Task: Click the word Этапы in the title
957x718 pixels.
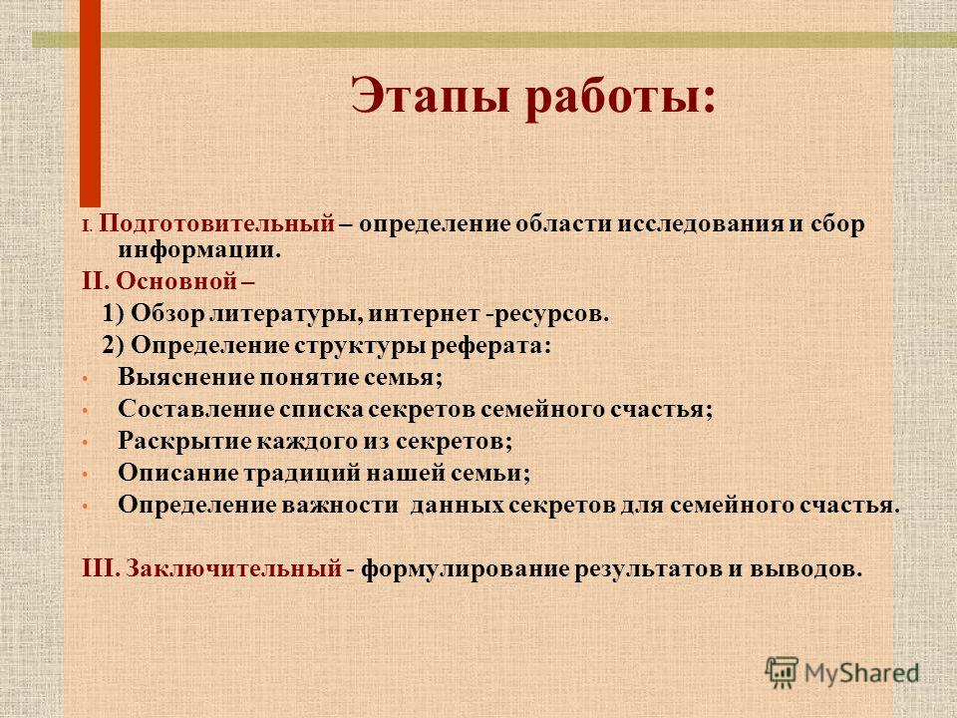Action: (x=432, y=97)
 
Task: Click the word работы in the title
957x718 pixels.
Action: (x=613, y=99)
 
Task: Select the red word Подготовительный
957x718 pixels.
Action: (x=216, y=224)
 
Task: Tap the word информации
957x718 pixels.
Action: (x=199, y=250)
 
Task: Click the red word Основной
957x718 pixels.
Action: (x=176, y=281)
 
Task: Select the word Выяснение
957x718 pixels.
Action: (x=186, y=377)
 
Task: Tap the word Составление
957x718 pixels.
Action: (x=194, y=409)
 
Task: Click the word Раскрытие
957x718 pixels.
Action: (x=183, y=440)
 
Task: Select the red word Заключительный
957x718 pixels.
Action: (x=233, y=568)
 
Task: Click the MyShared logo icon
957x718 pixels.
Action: (x=782, y=672)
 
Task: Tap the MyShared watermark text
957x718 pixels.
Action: (x=861, y=673)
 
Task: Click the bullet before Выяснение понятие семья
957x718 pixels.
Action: (x=86, y=379)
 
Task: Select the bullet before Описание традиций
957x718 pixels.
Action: (x=86, y=475)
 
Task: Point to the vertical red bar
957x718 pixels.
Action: (x=91, y=103)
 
